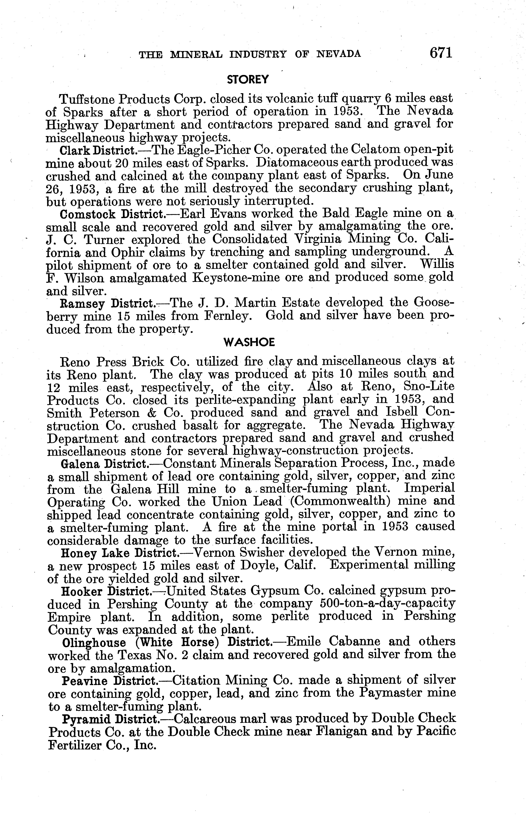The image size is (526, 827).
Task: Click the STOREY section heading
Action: [248, 80]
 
